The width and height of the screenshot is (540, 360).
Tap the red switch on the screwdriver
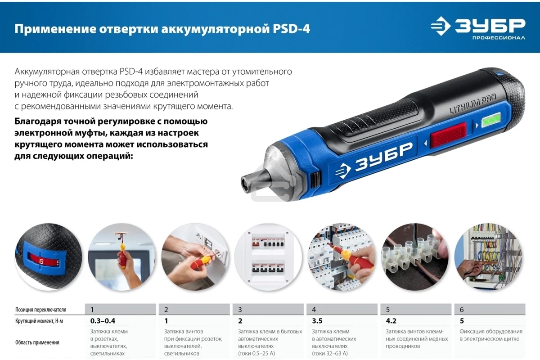tap(448, 139)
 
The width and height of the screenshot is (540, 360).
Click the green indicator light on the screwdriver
tap(491, 121)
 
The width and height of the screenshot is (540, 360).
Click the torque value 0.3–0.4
tap(103, 321)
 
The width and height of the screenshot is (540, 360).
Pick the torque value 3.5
tap(317, 321)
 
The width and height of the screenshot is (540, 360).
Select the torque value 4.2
tap(391, 321)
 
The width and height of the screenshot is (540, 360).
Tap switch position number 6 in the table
tap(462, 310)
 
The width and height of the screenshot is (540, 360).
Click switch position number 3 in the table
tap(240, 310)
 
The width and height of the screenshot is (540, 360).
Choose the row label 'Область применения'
tap(37, 342)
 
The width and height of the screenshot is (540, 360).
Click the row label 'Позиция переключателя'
tap(40, 310)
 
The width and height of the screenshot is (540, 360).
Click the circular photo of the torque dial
tap(48, 257)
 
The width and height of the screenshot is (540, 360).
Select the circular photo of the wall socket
tap(195, 257)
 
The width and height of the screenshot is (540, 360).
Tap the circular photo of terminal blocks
tap(414, 257)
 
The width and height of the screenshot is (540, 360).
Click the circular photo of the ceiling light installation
tap(121, 257)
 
